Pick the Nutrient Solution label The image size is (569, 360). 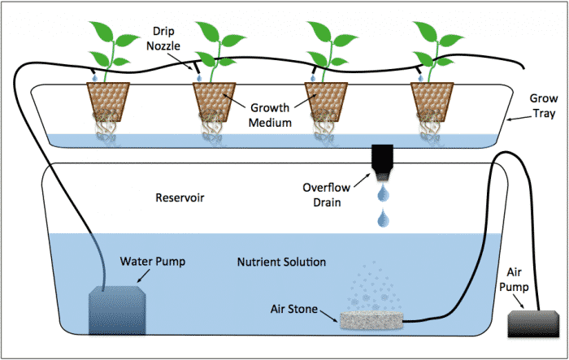point(281,262)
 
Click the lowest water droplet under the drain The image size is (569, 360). point(381,218)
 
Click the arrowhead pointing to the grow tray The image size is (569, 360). point(509,119)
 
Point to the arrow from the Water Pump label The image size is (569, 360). point(133,279)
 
